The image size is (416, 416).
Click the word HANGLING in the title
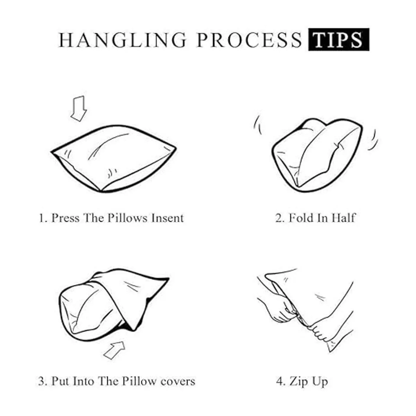click(x=122, y=40)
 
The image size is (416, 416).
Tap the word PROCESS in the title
click(x=249, y=40)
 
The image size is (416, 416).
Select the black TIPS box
click(x=339, y=40)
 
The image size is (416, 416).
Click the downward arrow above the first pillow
click(x=79, y=109)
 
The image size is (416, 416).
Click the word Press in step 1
click(x=66, y=218)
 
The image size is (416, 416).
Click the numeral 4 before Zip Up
click(x=279, y=381)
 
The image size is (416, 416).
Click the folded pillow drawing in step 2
click(x=317, y=155)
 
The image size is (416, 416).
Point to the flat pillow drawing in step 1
click(x=114, y=159)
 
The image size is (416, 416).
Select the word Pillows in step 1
click(x=128, y=218)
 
